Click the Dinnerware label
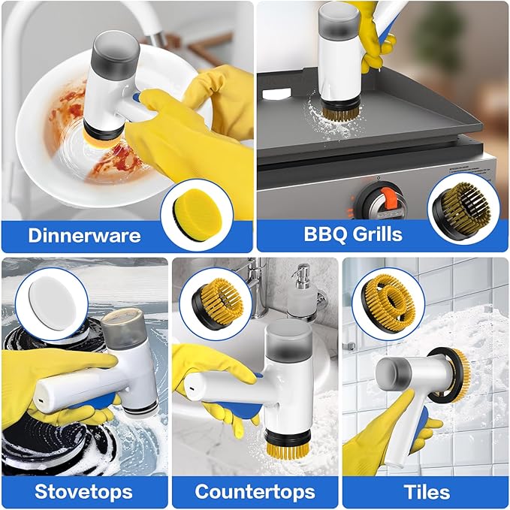pyautogui.click(x=84, y=235)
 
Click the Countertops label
pyautogui.click(x=254, y=492)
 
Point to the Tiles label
pyautogui.click(x=426, y=492)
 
